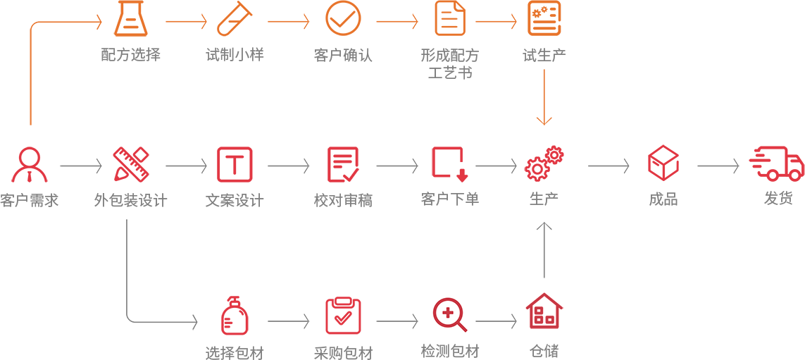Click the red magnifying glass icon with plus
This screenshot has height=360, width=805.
coord(449,314)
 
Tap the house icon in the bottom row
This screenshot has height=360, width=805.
coord(544,311)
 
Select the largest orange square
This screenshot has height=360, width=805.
coord(65,44)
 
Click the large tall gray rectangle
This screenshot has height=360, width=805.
coord(162,273)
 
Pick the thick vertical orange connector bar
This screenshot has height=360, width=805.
coord(544,101)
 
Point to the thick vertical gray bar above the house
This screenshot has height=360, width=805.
coord(544,249)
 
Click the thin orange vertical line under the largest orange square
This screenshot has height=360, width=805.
coord(30,100)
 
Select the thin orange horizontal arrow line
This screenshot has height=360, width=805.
coord(491,21)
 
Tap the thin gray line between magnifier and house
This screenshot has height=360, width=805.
coord(491,321)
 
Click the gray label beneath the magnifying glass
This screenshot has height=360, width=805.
coord(450,351)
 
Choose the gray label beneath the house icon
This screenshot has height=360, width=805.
coord(544,351)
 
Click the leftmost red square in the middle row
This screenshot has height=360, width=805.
coord(30,164)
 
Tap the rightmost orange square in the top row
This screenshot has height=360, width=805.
coord(544,18)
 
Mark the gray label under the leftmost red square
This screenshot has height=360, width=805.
coord(29,200)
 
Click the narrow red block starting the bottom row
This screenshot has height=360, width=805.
coord(234,315)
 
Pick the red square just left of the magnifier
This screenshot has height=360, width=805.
coord(343,316)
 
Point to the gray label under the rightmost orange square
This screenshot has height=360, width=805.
coord(544,55)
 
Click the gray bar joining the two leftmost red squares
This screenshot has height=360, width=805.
coord(81,166)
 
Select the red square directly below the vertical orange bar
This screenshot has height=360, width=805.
coord(544,163)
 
